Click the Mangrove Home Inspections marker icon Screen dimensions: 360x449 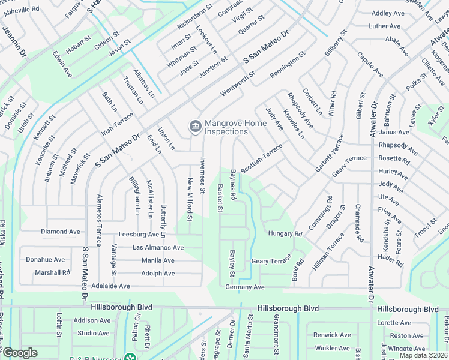click(x=195, y=126)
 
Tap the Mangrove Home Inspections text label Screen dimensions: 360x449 click(x=226, y=127)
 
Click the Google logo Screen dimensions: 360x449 click(x=19, y=353)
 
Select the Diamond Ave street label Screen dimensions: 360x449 click(x=60, y=232)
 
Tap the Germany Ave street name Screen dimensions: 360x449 click(x=244, y=287)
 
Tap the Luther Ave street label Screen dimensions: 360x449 click(x=385, y=26)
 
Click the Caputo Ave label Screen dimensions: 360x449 click(x=370, y=64)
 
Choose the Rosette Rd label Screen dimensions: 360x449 click(x=393, y=161)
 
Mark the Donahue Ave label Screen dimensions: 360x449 click(x=45, y=260)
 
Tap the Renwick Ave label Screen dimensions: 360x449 click(x=332, y=335)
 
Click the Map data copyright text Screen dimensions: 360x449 click(x=423, y=355)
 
